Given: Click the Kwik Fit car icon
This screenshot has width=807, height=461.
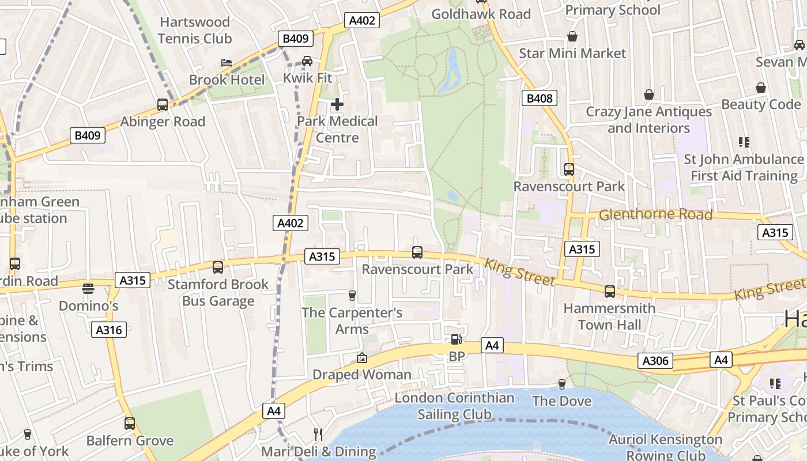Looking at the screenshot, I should coord(307,61).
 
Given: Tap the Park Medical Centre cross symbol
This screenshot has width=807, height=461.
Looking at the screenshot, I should coord(337,104).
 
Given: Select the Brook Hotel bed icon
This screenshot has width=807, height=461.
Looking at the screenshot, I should coord(227,62).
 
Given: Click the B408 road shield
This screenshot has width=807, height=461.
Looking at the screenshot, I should coord(540,99).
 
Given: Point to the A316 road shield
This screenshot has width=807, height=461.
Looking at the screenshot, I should coord(108,330).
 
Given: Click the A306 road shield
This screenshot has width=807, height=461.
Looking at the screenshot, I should coord(655,361).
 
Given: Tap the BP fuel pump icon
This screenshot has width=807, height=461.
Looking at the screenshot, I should coord(456,340).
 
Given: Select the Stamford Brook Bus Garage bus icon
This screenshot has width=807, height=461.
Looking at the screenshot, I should coord(218,267).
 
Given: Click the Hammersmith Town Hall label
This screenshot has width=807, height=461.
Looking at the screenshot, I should coord(609,316).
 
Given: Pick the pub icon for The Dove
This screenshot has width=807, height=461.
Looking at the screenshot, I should coord(562,384).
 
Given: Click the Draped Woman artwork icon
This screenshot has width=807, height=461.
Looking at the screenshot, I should coord(362,358).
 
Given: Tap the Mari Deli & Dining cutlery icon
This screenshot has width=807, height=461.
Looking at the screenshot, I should coord(318,434).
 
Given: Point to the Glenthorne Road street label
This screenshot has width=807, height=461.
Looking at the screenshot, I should coord(656,215).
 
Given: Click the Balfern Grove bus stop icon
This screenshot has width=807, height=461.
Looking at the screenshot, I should coord(130,424).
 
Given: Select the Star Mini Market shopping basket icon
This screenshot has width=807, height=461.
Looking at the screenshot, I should coord(572,36).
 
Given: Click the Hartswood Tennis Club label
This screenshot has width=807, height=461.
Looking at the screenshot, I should coord(195,31).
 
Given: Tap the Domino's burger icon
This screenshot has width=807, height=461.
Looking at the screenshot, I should coord(88,288).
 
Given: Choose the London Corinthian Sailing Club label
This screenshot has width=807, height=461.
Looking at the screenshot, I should coord(454,406).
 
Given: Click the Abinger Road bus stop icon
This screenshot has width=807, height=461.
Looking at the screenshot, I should coord(163,105).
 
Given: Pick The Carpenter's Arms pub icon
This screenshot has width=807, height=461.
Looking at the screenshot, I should coord(352,296).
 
